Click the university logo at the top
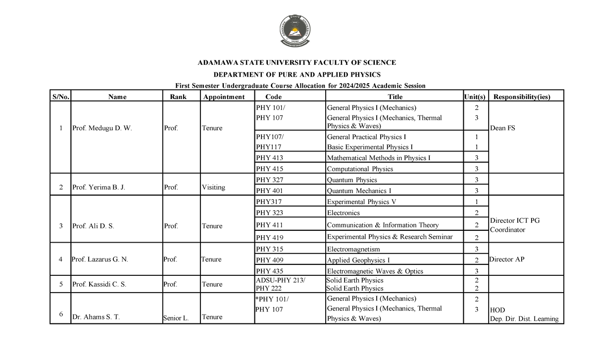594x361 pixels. click(296, 31)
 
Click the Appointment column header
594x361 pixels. click(224, 97)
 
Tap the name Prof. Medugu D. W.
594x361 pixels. click(102, 128)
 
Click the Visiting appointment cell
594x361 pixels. click(213, 187)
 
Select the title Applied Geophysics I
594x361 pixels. click(358, 260)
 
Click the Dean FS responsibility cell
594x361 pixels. click(502, 128)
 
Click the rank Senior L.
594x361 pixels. click(176, 318)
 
